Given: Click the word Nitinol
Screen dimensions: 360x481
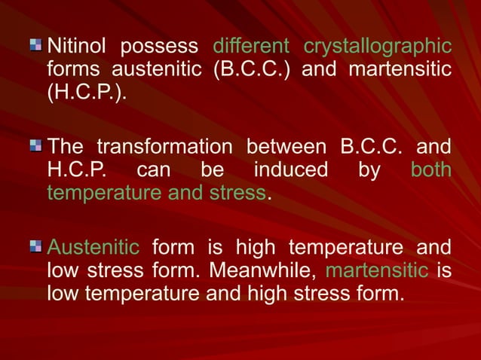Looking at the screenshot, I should point(76,47).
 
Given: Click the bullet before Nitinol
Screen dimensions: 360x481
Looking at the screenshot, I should point(35,46).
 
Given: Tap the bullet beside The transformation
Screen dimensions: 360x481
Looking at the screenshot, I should point(35,145).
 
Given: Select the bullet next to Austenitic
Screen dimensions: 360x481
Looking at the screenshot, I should point(35,244).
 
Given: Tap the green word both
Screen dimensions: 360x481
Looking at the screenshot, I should point(431,170).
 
